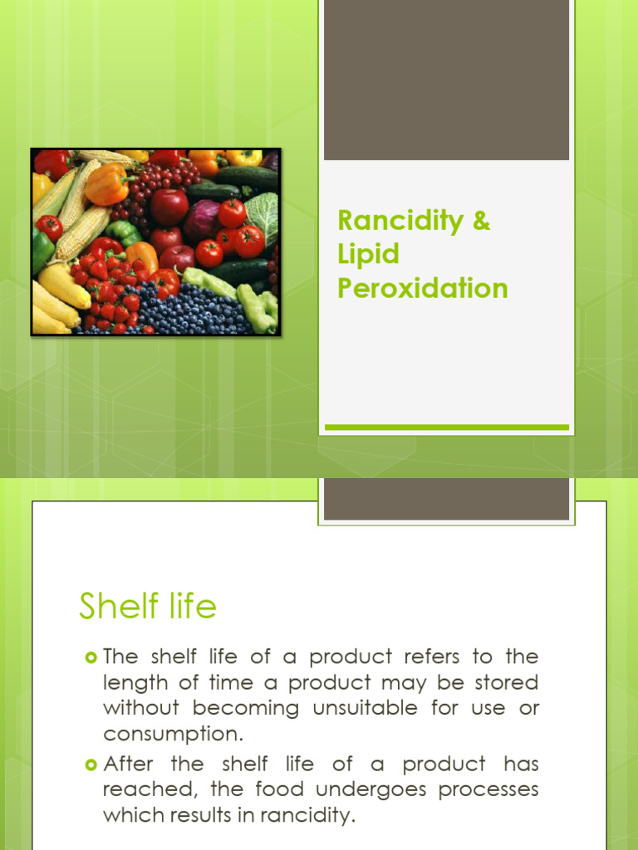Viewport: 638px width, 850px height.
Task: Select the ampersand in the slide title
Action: coord(482,221)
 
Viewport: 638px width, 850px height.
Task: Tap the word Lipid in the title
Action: coord(368,255)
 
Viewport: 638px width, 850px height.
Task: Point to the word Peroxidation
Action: coord(422,288)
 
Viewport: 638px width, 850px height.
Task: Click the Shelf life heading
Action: coord(148,607)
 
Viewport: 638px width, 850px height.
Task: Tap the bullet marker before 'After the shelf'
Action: coord(91,765)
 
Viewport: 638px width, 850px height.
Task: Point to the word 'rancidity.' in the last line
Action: coord(308,815)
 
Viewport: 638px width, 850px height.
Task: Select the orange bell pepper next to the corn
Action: coord(107,186)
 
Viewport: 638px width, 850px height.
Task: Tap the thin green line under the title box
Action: coord(446,427)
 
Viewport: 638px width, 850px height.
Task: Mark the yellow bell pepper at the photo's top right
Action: coord(243,158)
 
